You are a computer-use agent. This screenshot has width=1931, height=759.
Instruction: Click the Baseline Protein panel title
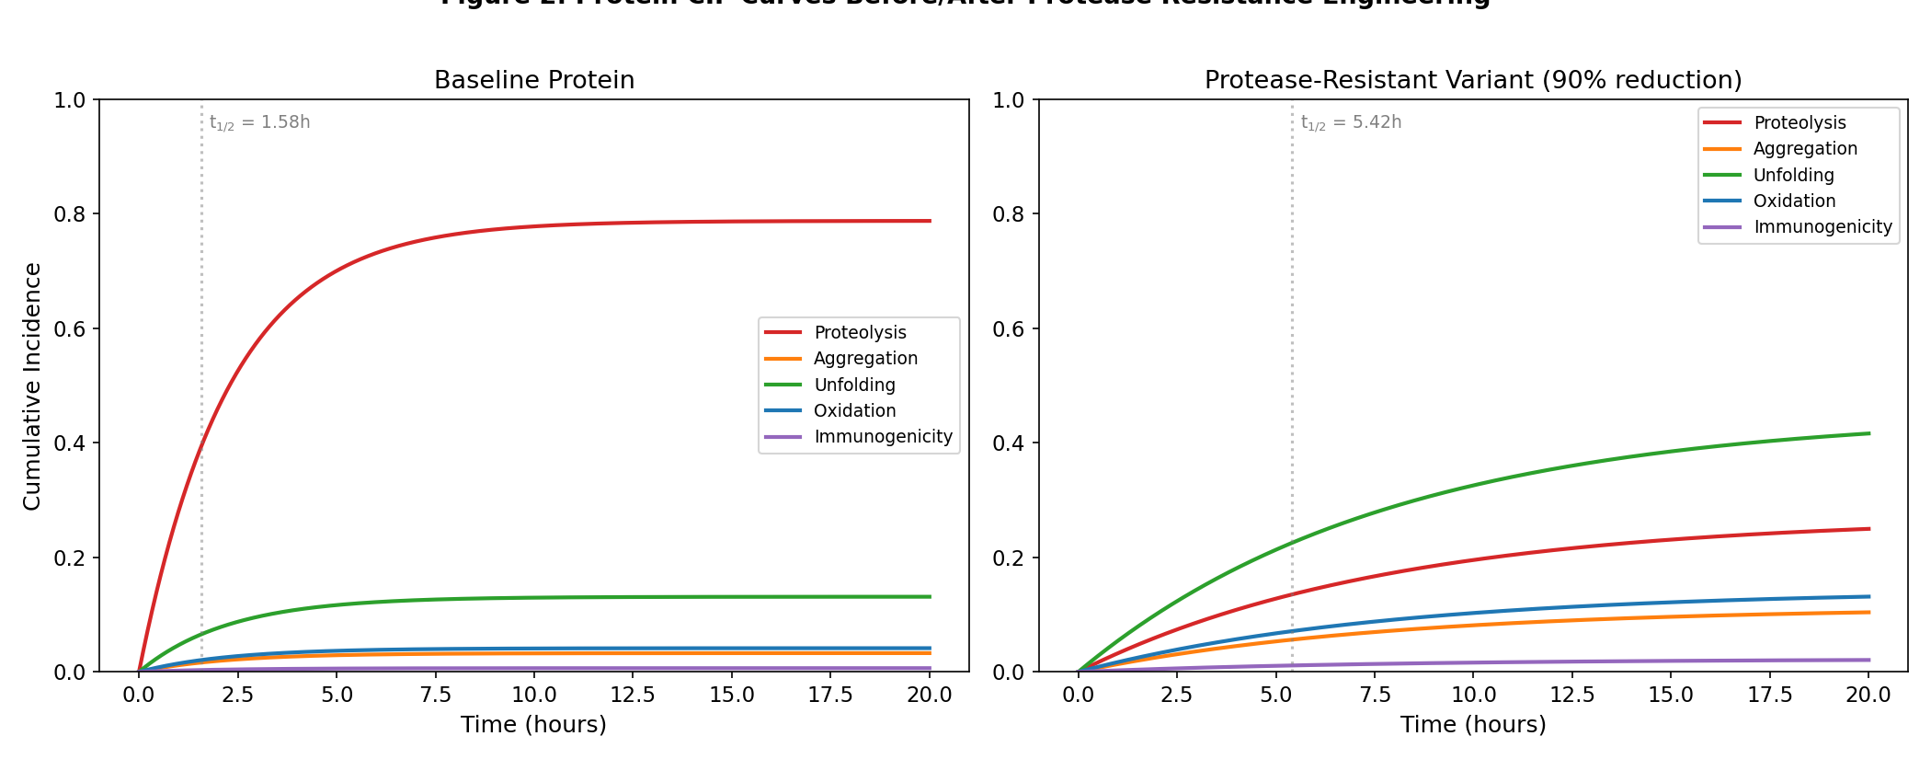click(534, 80)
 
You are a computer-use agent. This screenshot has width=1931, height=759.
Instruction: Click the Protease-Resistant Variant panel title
click(1473, 80)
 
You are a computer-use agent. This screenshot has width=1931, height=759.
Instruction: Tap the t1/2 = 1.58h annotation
click(260, 122)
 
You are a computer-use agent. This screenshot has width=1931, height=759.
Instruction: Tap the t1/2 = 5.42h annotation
click(1351, 122)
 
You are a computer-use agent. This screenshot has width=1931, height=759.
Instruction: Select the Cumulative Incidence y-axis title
click(32, 386)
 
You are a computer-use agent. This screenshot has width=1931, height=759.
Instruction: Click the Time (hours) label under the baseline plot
click(533, 725)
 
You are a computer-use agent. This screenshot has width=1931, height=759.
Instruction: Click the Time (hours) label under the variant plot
click(1473, 725)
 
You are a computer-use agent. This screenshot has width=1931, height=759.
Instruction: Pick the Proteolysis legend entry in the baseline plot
click(860, 332)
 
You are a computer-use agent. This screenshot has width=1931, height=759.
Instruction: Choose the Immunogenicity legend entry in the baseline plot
click(883, 437)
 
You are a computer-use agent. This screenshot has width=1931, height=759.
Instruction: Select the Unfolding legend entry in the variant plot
click(1793, 175)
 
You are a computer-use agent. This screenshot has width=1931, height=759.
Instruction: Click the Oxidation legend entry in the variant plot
click(1794, 201)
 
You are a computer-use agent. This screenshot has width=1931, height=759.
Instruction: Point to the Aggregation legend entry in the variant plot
click(1805, 149)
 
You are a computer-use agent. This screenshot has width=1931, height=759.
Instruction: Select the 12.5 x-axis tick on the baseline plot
click(633, 695)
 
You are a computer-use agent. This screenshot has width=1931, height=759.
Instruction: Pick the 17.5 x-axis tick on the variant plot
click(1770, 695)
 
